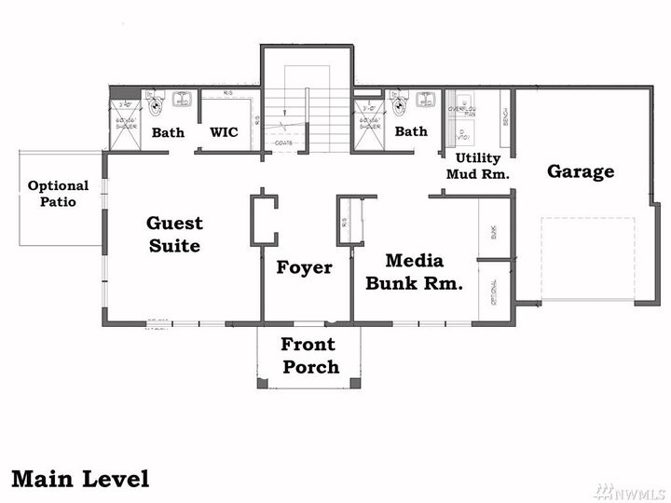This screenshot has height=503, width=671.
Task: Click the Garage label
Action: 581,171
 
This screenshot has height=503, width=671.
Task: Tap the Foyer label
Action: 304,268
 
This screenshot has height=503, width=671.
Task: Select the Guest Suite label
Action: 174,235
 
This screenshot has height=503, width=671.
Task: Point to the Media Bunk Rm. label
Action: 414,272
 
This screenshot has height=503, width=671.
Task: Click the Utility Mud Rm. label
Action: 478,166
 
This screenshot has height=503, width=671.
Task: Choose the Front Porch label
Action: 310,356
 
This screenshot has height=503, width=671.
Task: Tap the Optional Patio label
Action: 58,194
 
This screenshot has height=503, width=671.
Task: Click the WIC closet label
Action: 224,132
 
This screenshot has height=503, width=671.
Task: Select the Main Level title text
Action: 80,479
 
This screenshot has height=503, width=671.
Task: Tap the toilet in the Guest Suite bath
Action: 155,98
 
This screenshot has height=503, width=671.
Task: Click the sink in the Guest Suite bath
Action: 183,99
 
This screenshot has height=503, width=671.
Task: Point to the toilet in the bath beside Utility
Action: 400,98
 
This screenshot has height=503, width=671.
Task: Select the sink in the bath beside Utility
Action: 428,99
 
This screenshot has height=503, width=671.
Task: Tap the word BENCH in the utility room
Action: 505,116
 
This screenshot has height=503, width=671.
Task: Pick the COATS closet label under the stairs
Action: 284,143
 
